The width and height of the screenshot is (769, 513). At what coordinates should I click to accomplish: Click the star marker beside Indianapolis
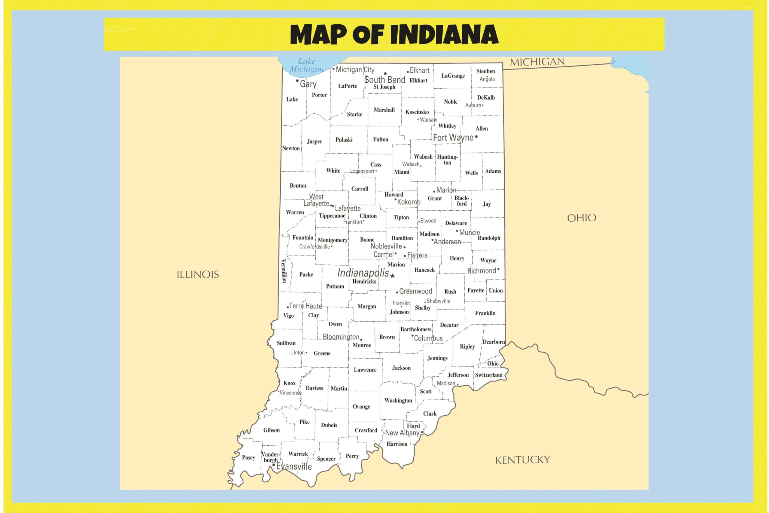[393, 276]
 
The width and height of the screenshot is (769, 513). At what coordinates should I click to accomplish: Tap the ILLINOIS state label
[198, 274]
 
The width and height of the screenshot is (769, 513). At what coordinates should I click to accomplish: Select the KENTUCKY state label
[522, 460]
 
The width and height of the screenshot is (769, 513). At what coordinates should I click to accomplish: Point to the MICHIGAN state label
[537, 62]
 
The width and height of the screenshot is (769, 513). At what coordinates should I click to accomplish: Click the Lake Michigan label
[306, 65]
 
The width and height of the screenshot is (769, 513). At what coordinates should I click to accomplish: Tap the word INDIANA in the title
[444, 35]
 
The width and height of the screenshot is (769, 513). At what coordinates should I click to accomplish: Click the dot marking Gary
[297, 81]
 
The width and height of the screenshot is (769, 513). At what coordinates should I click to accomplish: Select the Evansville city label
[294, 466]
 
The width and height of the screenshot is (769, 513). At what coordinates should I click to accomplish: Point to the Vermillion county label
[284, 271]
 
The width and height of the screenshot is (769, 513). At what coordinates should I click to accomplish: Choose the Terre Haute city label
[305, 306]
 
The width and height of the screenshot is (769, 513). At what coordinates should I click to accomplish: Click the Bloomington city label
[341, 337]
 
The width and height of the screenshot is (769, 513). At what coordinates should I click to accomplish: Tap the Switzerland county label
[488, 375]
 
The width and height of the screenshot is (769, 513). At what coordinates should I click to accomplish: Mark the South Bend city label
[384, 80]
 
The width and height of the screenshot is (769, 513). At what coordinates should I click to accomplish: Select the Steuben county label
[485, 71]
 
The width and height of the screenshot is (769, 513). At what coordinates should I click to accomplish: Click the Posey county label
[248, 457]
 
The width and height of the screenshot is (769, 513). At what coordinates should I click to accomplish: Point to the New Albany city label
[402, 433]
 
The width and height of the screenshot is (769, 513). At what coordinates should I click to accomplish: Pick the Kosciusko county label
[417, 112]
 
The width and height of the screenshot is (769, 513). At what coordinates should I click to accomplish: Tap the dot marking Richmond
[498, 269]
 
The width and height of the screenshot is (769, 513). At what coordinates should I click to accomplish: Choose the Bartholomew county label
[415, 329]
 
